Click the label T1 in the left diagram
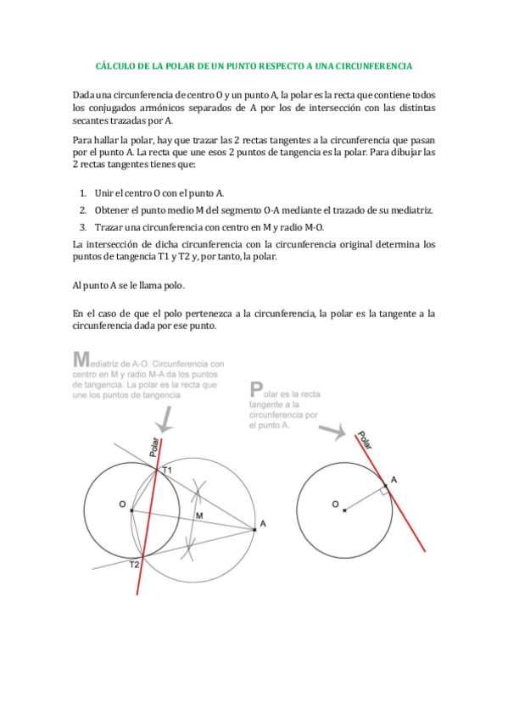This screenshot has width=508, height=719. (x=167, y=470)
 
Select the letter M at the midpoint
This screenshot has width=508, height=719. (x=199, y=516)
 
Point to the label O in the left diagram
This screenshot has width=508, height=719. (x=123, y=505)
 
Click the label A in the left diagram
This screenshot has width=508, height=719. (x=263, y=525)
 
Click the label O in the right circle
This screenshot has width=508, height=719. (x=335, y=506)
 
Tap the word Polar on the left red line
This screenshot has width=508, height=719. (x=155, y=448)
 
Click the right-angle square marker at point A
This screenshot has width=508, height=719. (x=384, y=489)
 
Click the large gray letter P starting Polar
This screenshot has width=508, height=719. (x=256, y=390)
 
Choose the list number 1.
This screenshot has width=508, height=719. (x=83, y=194)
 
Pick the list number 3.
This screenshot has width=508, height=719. (x=83, y=226)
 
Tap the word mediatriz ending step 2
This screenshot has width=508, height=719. (x=414, y=210)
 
